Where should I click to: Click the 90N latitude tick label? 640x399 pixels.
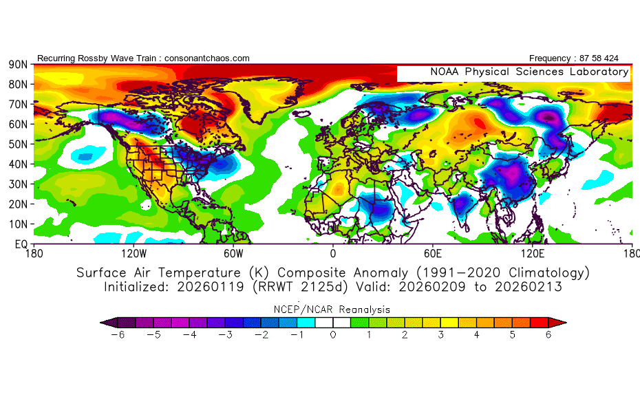click(18, 65)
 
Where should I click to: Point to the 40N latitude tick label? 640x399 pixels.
click(18, 164)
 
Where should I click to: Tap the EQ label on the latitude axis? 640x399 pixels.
click(20, 244)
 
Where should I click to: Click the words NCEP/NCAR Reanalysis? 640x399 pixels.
click(333, 310)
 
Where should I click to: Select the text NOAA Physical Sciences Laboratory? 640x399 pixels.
click(529, 72)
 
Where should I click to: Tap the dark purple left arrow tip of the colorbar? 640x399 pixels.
click(107, 321)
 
